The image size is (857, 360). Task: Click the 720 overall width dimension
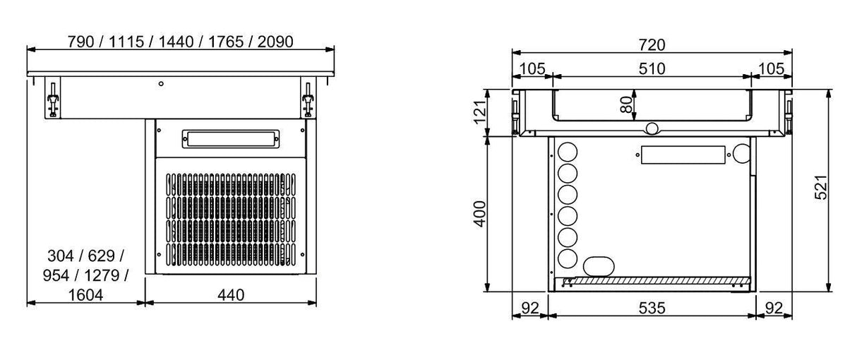652,44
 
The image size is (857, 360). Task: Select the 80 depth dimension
625,104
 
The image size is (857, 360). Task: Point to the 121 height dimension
479,112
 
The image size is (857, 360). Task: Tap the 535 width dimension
652,308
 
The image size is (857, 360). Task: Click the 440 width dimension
231,295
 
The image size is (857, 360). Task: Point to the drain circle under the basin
652,128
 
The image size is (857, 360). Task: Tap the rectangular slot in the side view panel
683,156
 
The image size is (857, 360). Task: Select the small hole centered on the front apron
161,84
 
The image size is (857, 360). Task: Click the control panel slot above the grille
230,138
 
